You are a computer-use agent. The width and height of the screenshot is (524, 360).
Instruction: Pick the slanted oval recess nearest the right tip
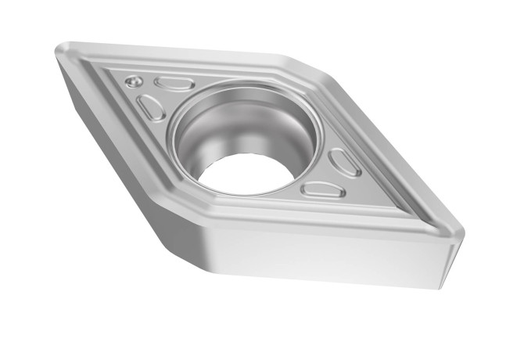click(x=344, y=162)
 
